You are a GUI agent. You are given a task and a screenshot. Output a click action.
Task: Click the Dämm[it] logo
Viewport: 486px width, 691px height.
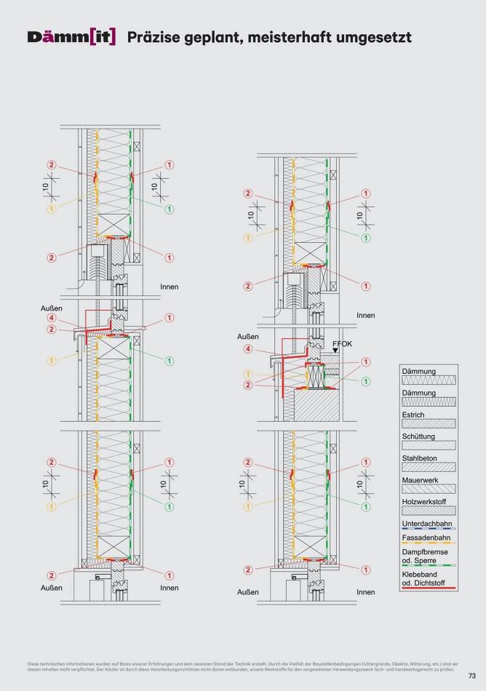point(71,36)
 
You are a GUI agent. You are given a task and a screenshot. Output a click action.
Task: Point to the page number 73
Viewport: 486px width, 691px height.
point(472,675)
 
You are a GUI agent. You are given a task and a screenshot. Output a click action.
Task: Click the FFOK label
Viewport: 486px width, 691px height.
point(343,341)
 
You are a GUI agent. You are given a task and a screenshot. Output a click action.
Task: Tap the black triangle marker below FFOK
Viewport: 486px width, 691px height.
point(335,351)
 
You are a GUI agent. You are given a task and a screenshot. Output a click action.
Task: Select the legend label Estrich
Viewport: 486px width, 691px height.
point(413,415)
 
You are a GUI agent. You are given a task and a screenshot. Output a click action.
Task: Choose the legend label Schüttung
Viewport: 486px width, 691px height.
point(418,436)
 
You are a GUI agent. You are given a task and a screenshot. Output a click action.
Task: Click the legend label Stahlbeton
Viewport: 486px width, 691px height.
point(419,458)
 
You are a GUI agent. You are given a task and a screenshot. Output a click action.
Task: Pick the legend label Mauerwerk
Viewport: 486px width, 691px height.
point(419,480)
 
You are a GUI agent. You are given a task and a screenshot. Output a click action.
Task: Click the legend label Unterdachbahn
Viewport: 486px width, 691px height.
point(425,524)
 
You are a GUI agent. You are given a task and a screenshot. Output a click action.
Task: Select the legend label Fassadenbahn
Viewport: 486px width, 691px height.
point(424,538)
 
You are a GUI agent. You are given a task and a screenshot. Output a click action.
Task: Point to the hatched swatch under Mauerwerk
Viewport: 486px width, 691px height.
point(429,489)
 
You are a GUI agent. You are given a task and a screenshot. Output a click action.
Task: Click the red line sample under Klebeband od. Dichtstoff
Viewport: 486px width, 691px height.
point(429,587)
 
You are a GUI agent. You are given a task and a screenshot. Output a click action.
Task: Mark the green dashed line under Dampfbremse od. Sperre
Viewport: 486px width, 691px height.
point(429,565)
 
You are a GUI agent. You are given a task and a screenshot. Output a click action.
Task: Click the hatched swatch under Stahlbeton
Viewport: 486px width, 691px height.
point(429,467)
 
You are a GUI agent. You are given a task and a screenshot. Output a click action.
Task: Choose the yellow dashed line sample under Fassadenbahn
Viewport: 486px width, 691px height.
point(429,544)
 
